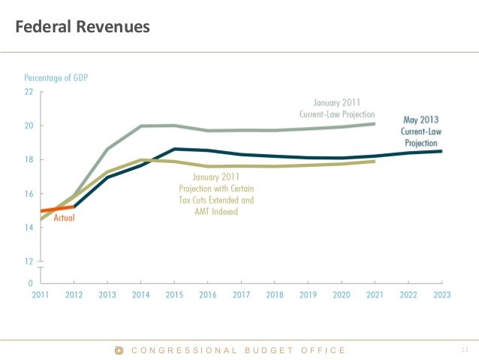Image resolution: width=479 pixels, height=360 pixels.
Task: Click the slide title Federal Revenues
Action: point(83,27)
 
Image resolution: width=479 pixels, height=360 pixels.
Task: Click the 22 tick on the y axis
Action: point(29,92)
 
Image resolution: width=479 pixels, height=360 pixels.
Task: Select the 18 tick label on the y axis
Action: point(29,160)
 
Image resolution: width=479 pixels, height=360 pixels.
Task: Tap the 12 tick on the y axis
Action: point(29,262)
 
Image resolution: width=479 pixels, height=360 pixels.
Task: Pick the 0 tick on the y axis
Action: point(31,284)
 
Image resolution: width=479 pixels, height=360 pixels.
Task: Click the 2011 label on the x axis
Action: point(40,295)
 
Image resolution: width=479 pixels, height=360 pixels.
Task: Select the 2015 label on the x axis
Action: point(174,295)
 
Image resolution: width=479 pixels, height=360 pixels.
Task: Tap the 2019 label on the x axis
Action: point(308,295)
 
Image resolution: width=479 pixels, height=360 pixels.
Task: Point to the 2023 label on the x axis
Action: point(442,295)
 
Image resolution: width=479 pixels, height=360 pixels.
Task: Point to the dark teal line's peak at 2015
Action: point(174,149)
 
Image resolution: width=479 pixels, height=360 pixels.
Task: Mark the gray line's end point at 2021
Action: point(374,124)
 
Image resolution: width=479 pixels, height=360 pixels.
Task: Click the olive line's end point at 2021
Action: point(374,161)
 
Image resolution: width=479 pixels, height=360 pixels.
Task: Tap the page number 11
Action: point(463,349)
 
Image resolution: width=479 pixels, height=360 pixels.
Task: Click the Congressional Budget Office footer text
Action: point(238,349)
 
